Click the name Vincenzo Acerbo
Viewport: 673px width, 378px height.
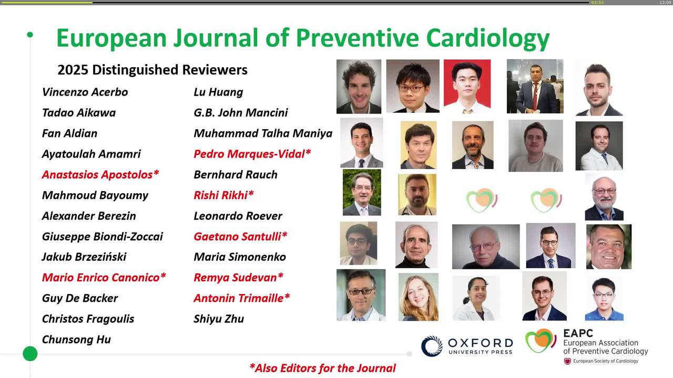[85, 92]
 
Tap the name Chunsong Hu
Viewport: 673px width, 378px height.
[76, 340]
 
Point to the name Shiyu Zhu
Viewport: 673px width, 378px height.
[219, 319]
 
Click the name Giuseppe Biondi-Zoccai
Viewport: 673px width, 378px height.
[103, 236]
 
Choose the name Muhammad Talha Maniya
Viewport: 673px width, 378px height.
[263, 133]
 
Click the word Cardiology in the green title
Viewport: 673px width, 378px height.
[487, 39]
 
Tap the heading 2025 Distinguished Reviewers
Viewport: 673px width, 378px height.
[152, 70]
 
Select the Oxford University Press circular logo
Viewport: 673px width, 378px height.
[432, 346]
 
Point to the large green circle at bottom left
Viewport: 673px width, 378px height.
[30, 354]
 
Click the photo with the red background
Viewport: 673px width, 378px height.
[467, 87]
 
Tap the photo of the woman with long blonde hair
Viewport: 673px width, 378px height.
[418, 297]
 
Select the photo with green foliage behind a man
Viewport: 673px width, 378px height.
[362, 192]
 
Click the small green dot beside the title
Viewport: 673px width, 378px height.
[30, 35]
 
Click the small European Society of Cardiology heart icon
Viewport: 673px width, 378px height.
[567, 361]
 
